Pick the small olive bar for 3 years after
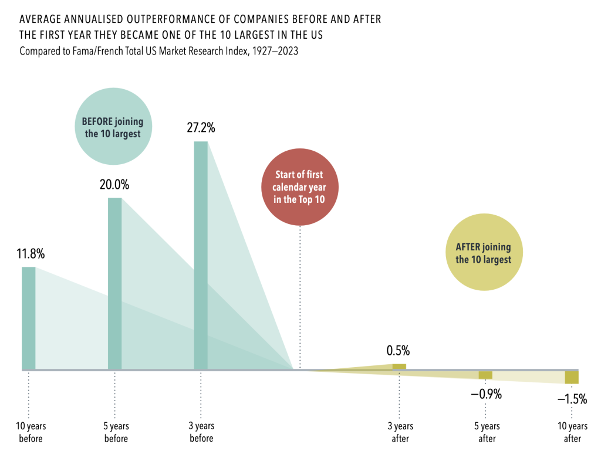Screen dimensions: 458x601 [x=399, y=367]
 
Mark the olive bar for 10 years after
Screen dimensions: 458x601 [x=572, y=377]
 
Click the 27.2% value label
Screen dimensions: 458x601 [x=201, y=127]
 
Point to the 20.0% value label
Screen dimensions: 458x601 [x=114, y=184]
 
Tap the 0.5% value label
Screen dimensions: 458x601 [x=398, y=351]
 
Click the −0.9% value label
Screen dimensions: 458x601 [x=486, y=394]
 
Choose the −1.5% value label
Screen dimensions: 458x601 [x=572, y=399]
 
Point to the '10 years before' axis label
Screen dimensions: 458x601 [x=30, y=432]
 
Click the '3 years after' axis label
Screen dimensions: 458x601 [x=401, y=432]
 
